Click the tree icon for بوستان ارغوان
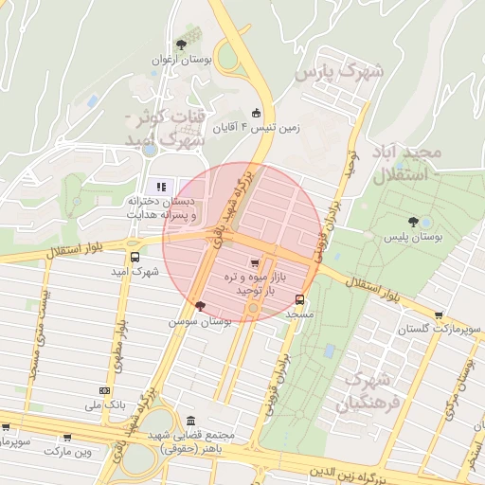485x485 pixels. coord(181,44)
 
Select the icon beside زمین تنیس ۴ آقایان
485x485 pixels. coord(256,112)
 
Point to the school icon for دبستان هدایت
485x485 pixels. coord(161,187)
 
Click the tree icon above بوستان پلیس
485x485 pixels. coord(425,223)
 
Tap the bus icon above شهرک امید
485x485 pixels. coord(135,257)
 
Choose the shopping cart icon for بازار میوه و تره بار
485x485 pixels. coord(253,262)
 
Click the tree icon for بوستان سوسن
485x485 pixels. coord(199,305)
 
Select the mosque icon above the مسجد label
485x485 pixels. coord(300,301)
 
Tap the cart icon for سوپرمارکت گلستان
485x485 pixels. coord(438,315)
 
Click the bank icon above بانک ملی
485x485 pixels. coord(104,390)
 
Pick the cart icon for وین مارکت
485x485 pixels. coord(67,438)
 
